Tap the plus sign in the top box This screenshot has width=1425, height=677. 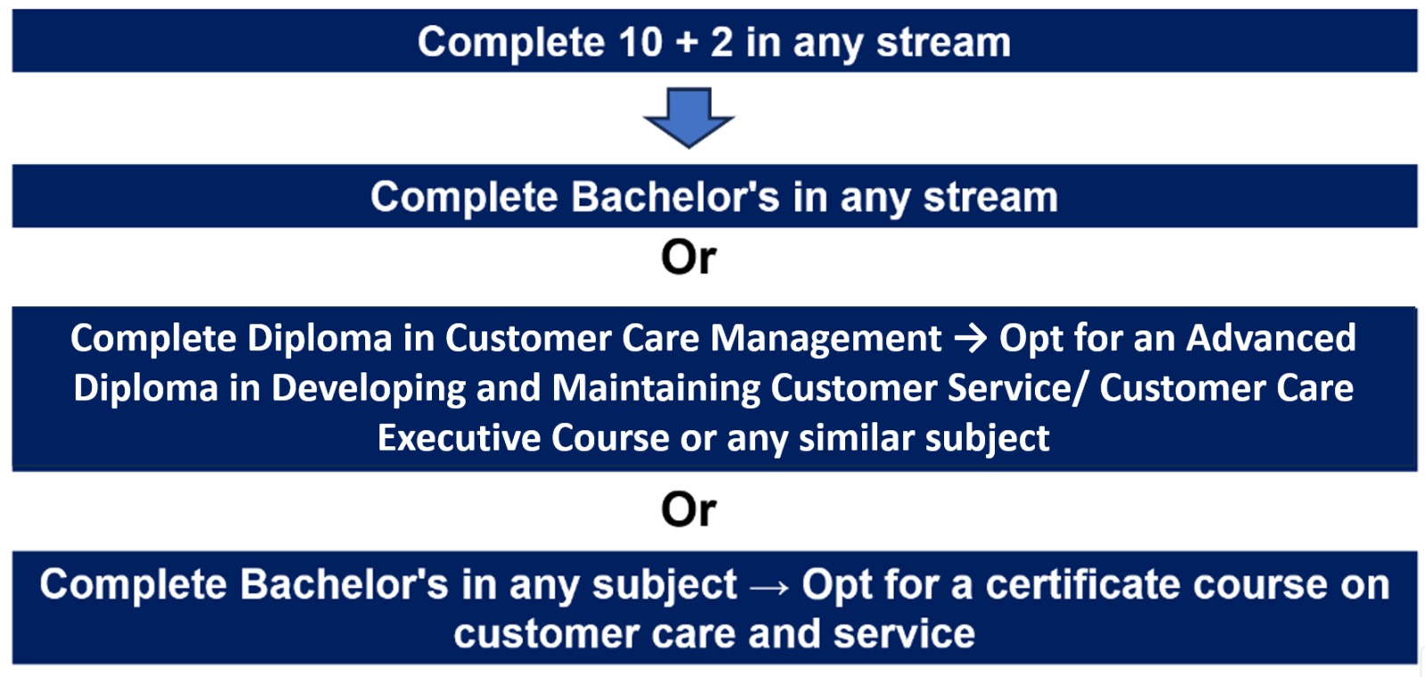point(687,44)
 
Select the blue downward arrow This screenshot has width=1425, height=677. point(689,118)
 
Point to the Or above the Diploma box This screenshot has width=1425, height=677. point(689,257)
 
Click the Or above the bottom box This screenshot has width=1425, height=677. point(689,510)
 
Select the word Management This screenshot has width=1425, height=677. point(826,338)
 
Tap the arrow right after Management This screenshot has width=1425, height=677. point(971,338)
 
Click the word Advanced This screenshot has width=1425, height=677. point(1270,338)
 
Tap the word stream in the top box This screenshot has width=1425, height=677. point(943,43)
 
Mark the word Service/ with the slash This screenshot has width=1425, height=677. point(1017,388)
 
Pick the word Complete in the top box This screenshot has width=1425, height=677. point(511,43)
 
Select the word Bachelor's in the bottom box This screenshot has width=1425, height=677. point(344,584)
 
